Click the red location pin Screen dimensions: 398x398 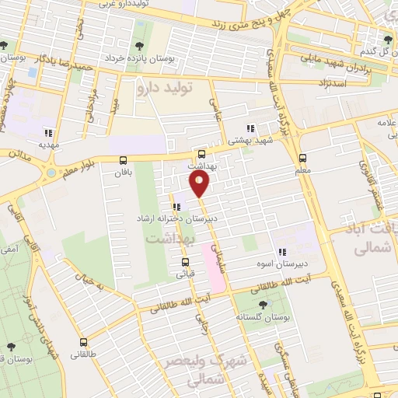point(200,184)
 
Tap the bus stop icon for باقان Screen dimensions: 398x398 point(123,160)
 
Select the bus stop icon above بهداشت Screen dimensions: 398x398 point(202,154)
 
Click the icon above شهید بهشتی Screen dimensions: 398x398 point(250,129)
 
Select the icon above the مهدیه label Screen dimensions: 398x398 point(51,132)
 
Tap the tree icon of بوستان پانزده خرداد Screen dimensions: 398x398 point(140,46)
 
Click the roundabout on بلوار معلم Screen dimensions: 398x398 point(51,172)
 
